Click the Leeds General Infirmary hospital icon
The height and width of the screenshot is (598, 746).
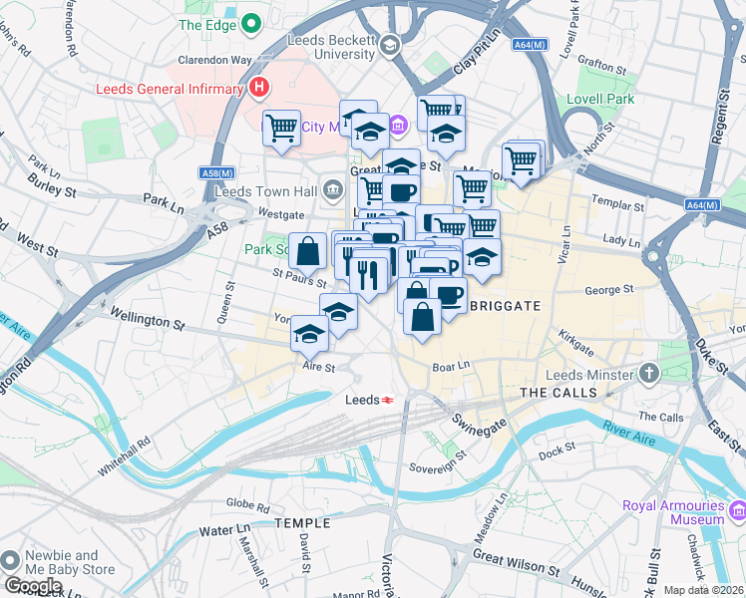pos(259,88)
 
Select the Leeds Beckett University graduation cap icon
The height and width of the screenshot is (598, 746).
pos(389,44)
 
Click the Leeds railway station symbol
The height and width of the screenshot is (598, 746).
pos(388,399)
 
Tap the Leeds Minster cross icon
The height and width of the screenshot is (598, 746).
pos(649,375)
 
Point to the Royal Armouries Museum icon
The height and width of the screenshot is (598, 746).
pos(739,511)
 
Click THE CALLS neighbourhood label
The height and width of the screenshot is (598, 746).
pos(559,393)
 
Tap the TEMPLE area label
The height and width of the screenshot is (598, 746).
pos(301,523)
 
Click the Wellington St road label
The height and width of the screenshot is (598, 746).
pos(148,320)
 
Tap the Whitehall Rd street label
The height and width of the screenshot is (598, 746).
pos(125,454)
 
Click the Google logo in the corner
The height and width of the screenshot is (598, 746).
pos(33,585)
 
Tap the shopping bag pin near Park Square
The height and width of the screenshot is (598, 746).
pos(308,252)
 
